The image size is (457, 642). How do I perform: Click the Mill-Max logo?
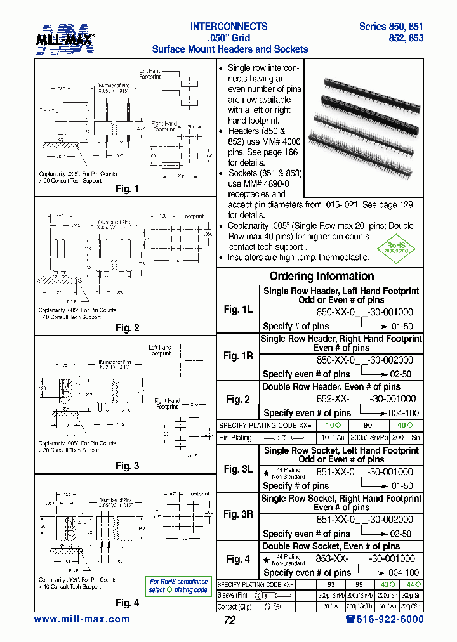[x=66, y=38]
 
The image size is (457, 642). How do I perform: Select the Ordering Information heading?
[x=322, y=276]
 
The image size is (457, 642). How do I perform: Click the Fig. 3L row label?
[x=238, y=469]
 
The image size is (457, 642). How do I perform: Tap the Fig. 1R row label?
[x=238, y=356]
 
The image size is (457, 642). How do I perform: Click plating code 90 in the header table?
[x=367, y=424]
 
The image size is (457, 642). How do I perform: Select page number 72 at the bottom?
[x=229, y=620]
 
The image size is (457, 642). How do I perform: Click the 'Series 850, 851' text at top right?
[x=391, y=27]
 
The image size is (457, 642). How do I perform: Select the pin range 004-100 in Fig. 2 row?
[x=402, y=413]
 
